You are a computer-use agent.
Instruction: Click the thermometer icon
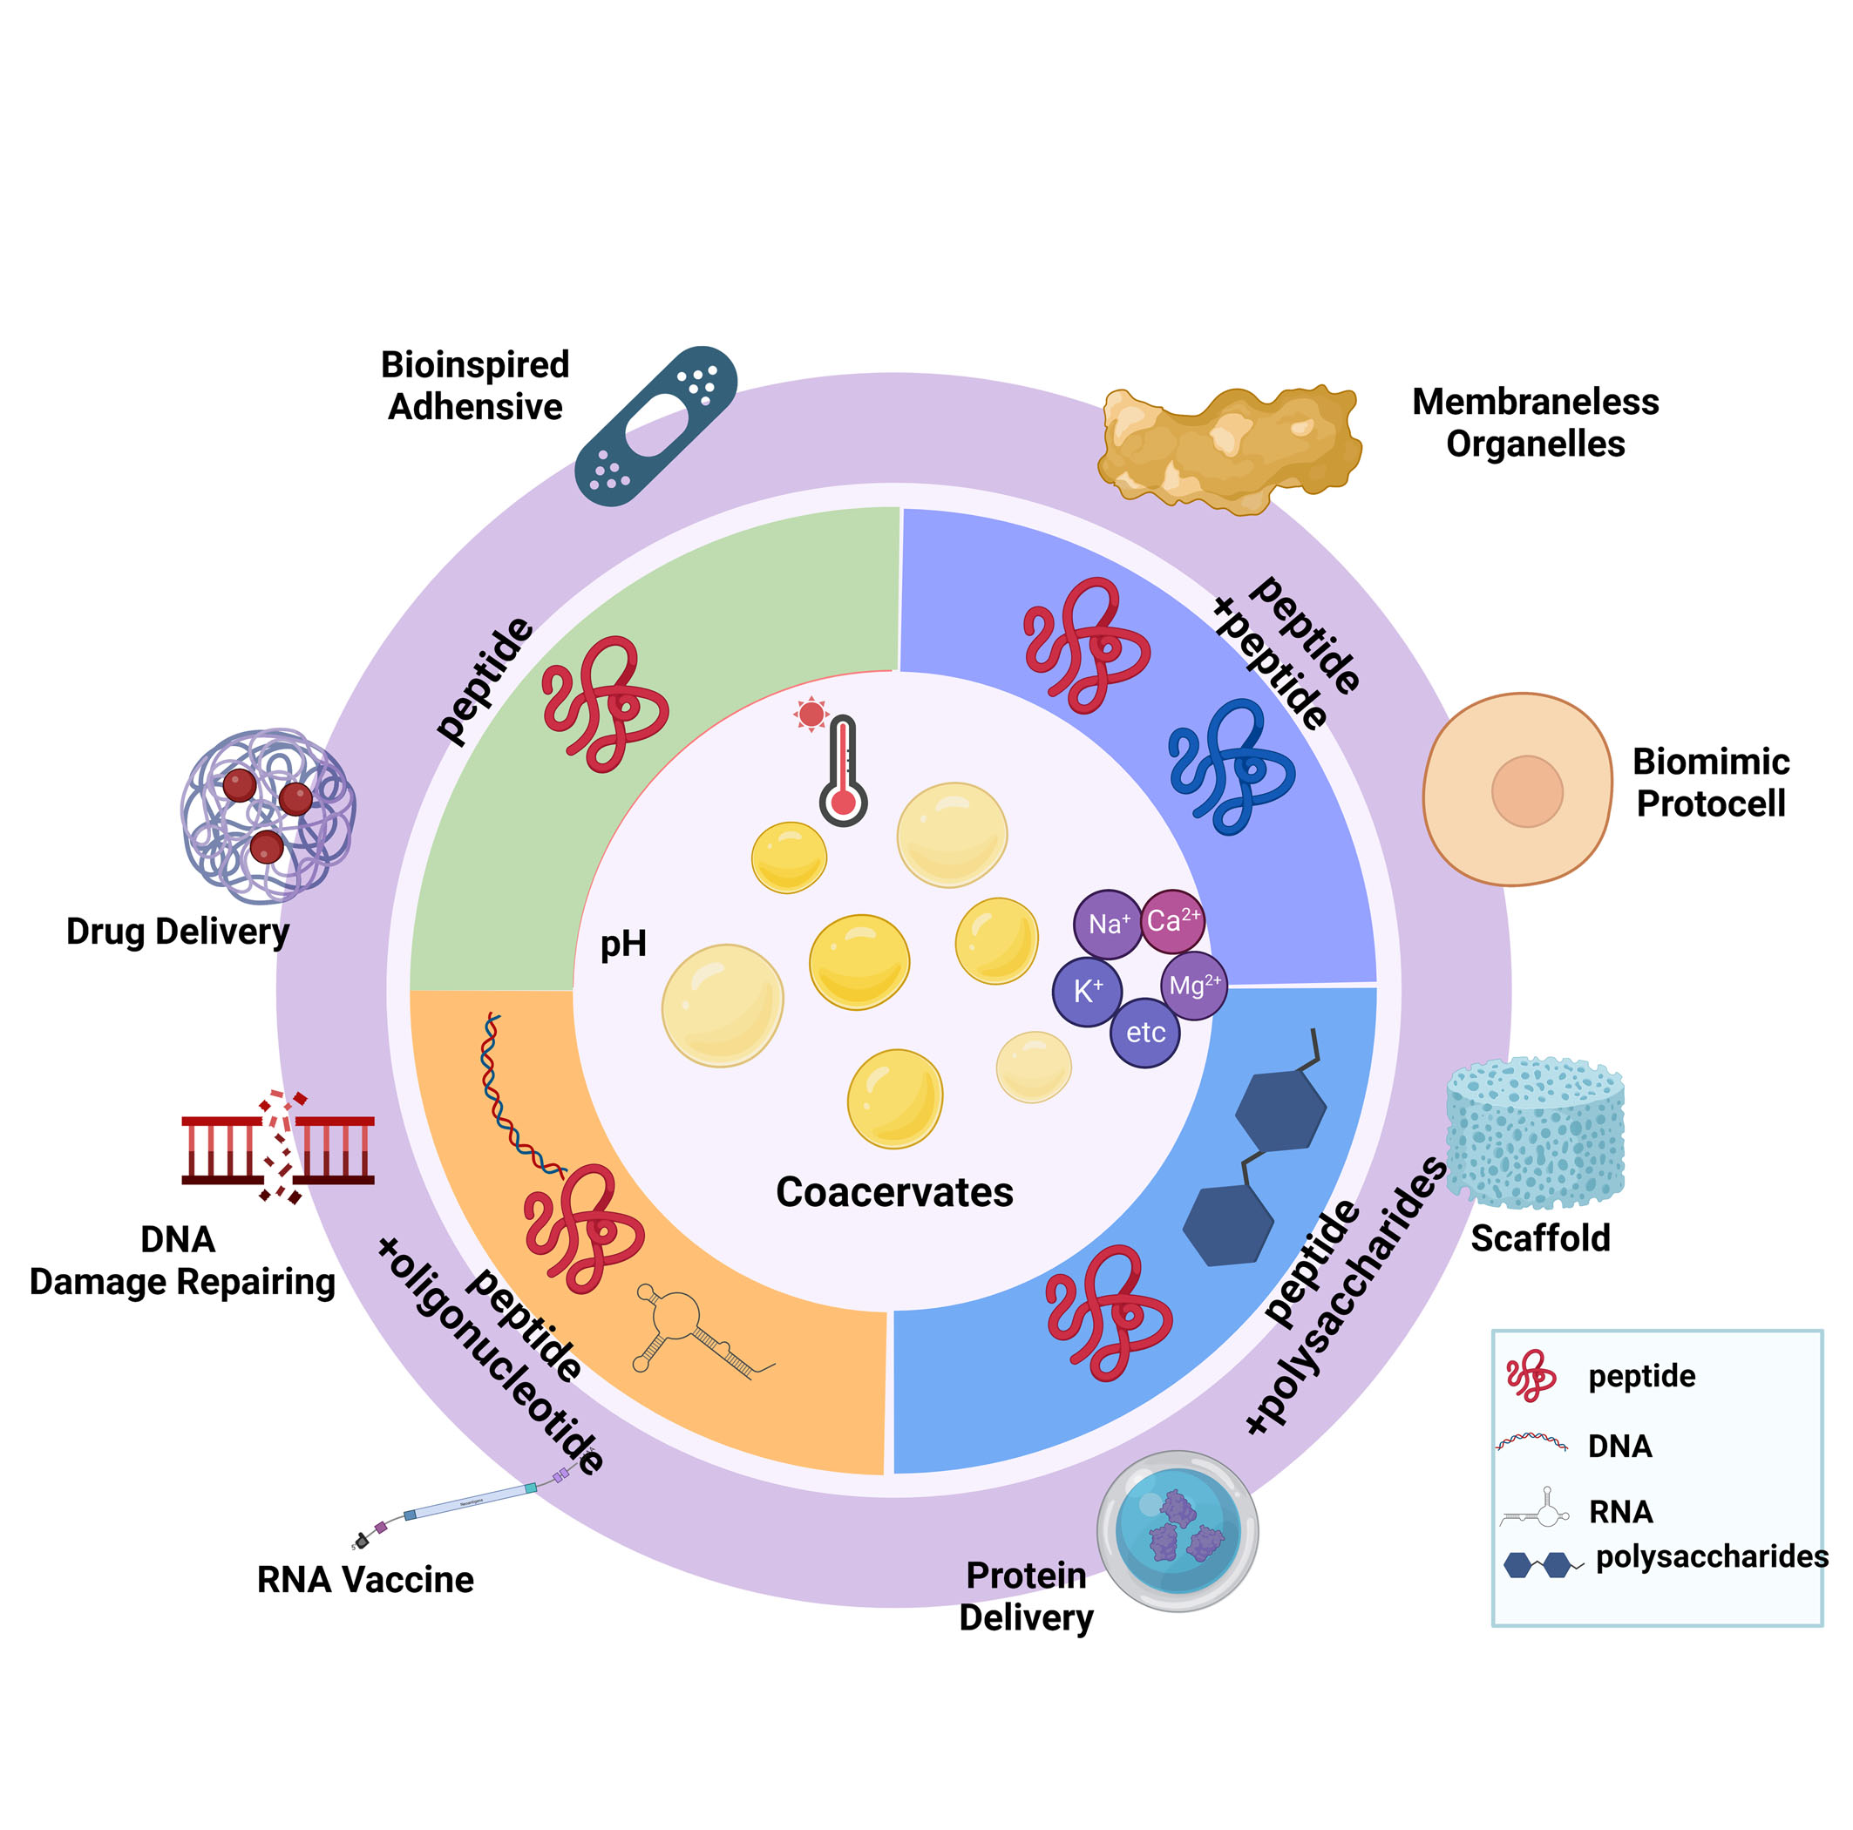(842, 773)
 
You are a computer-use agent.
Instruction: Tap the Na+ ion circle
(1108, 925)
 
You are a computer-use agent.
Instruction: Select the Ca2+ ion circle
(1172, 921)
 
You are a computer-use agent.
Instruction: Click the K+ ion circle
(1087, 992)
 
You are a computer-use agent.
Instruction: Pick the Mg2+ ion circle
(1194, 985)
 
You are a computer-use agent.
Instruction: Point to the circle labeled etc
(1145, 1033)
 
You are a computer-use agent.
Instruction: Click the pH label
(623, 945)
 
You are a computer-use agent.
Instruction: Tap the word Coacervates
(894, 1192)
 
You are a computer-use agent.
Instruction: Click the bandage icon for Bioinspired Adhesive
(656, 425)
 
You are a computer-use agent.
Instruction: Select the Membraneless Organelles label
(1535, 423)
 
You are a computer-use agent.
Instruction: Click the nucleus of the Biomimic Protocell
(1527, 791)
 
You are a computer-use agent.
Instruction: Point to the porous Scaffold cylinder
(1535, 1132)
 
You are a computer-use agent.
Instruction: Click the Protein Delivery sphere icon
(1178, 1532)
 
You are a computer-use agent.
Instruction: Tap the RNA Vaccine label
(365, 1580)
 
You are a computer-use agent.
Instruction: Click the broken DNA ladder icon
(278, 1147)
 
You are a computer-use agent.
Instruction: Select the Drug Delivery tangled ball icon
(268, 817)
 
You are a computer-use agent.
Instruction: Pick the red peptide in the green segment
(604, 704)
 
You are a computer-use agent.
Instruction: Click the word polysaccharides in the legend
(1711, 1555)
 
